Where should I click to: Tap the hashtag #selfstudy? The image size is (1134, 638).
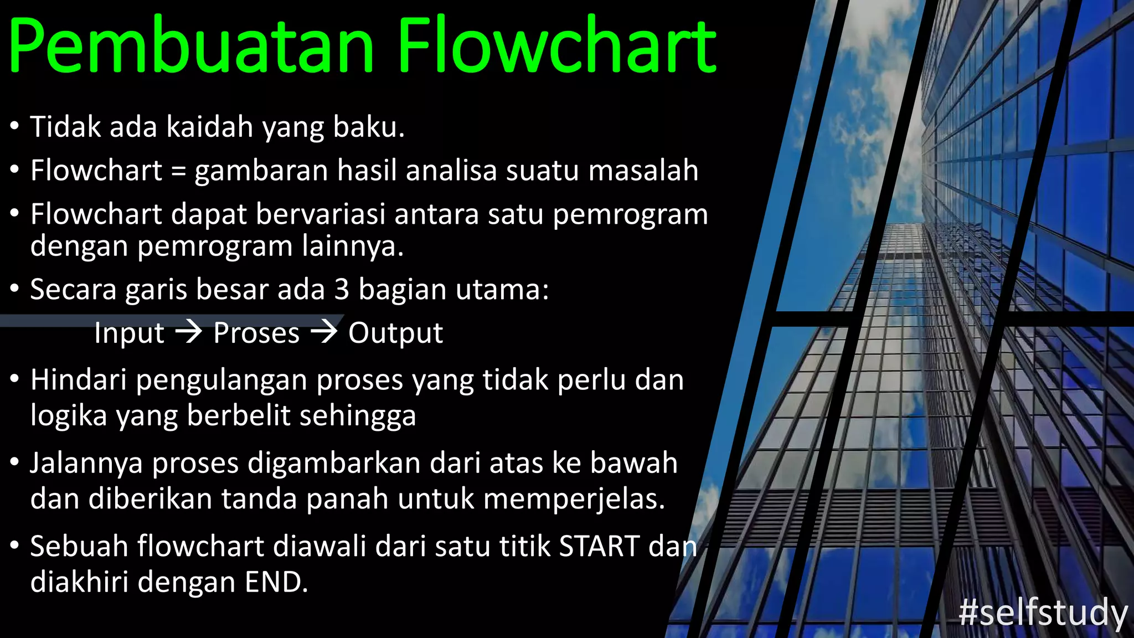point(1043,613)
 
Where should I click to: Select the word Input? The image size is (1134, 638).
point(129,333)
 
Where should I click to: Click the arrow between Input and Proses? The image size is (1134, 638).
point(189,332)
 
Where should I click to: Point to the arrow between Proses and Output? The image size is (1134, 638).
point(324,332)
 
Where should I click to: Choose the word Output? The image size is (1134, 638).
point(395,333)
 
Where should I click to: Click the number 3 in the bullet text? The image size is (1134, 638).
point(342,289)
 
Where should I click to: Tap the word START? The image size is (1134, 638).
point(600,546)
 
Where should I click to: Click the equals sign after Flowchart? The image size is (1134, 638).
point(178,171)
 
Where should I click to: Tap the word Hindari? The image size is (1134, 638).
point(78,380)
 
